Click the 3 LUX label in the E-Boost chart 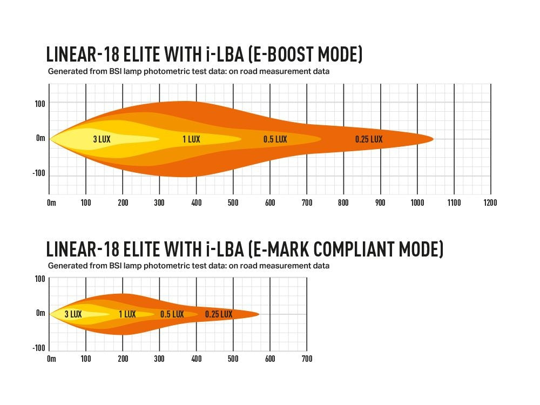(x=102, y=139)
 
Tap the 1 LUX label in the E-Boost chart (x=191, y=139)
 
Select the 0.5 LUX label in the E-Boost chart (x=275, y=139)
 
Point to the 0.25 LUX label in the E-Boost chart (x=369, y=139)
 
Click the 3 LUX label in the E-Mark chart (x=73, y=314)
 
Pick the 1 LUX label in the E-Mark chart (x=127, y=314)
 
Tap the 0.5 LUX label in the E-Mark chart (x=172, y=314)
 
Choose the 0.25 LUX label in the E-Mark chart (x=219, y=314)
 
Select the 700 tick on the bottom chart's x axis (x=306, y=359)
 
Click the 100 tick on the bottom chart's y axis (x=39, y=279)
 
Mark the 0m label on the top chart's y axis (x=40, y=138)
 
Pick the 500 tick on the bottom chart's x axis (x=233, y=359)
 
